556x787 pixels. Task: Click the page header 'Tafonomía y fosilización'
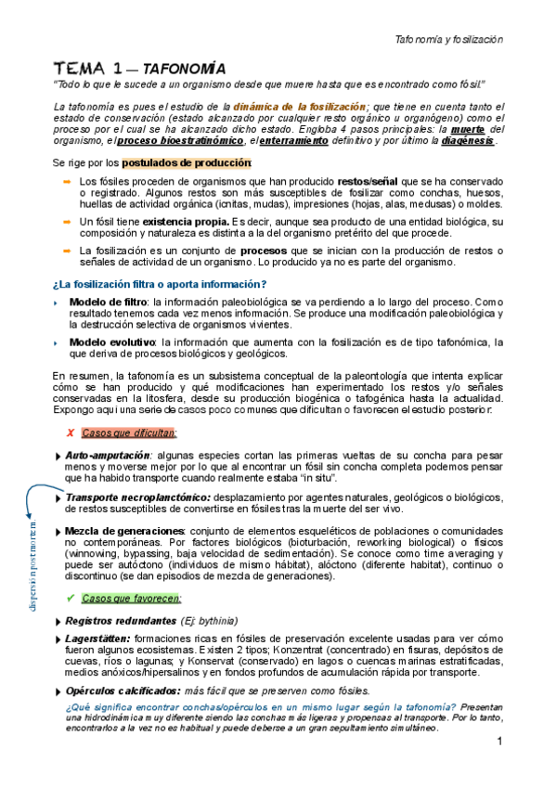click(449, 40)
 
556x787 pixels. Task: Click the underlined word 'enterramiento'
click(293, 141)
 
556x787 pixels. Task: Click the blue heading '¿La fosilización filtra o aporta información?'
click(160, 284)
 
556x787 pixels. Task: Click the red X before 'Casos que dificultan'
click(71, 432)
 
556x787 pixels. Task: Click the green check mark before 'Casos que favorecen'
click(71, 598)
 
